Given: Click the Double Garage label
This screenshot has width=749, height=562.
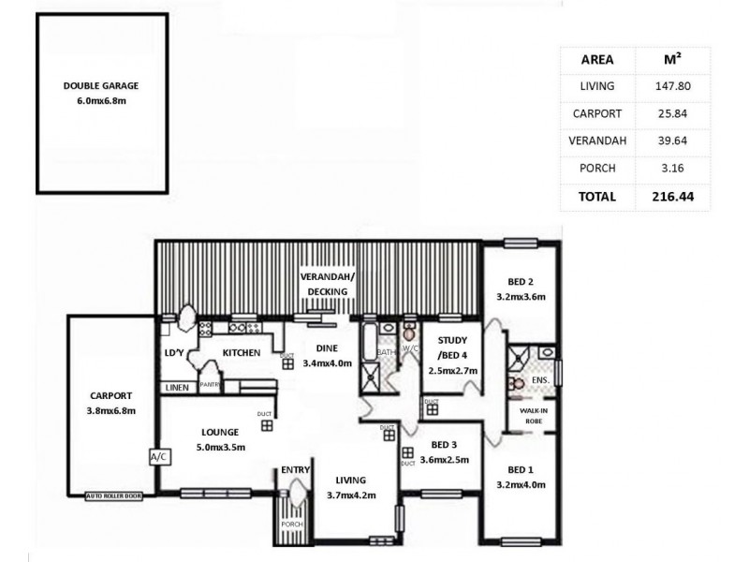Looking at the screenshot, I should pos(101,85).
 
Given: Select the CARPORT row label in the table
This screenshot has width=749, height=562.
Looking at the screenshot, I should pos(597,113).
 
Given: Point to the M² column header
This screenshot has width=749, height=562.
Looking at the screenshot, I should pos(671,59).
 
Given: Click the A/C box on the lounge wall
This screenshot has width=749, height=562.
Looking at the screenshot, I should pos(155,457).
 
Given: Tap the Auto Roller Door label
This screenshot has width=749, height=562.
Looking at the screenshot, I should pos(113,495).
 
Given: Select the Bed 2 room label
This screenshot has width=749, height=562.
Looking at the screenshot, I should pos(521,282).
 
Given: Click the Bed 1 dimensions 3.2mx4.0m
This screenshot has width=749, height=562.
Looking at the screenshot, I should pos(521,484).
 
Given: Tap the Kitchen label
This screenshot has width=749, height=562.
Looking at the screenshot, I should pos(240,353).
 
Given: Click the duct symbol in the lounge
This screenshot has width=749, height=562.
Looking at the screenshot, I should pos(267,425).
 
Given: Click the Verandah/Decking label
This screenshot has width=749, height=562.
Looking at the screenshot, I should pos(324,285).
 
